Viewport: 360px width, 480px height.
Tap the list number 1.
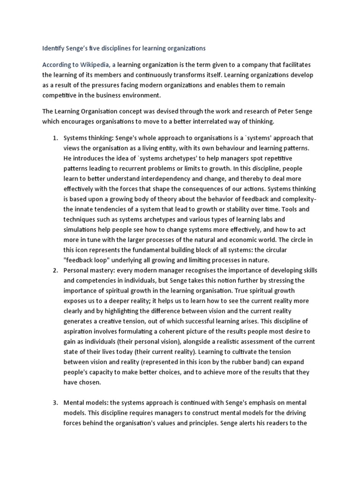pos(54,138)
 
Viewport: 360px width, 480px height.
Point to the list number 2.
pos(54,270)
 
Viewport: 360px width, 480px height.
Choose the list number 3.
pos(54,403)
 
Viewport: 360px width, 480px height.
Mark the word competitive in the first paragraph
pos(64,95)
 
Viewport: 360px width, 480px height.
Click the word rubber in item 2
pos(238,362)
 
